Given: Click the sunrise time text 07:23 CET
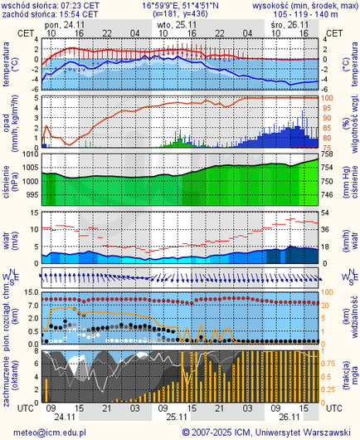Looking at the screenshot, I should [x=80, y=5].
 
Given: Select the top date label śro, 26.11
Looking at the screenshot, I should [x=289, y=25].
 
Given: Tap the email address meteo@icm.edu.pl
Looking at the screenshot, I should [x=46, y=433].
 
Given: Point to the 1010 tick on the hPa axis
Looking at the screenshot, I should [x=30, y=154].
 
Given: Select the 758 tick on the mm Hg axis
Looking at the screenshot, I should [x=327, y=154].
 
